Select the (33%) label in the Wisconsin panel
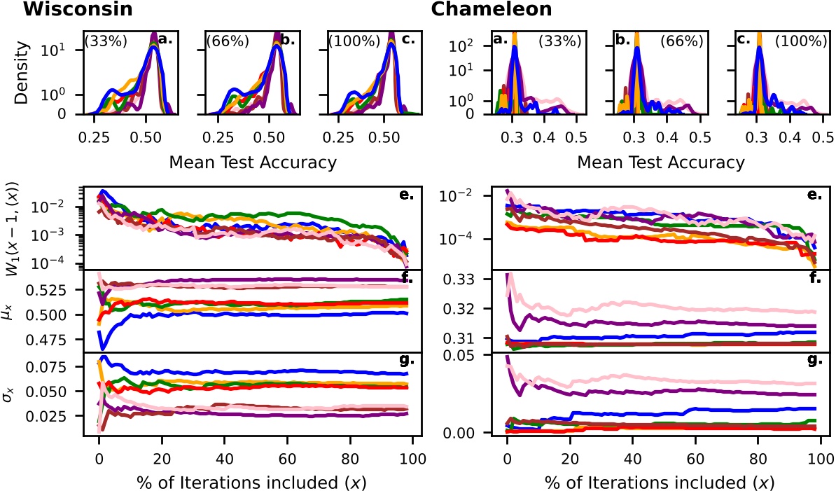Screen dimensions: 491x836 [x=105, y=41]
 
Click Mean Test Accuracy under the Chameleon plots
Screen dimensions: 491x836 [x=660, y=163]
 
